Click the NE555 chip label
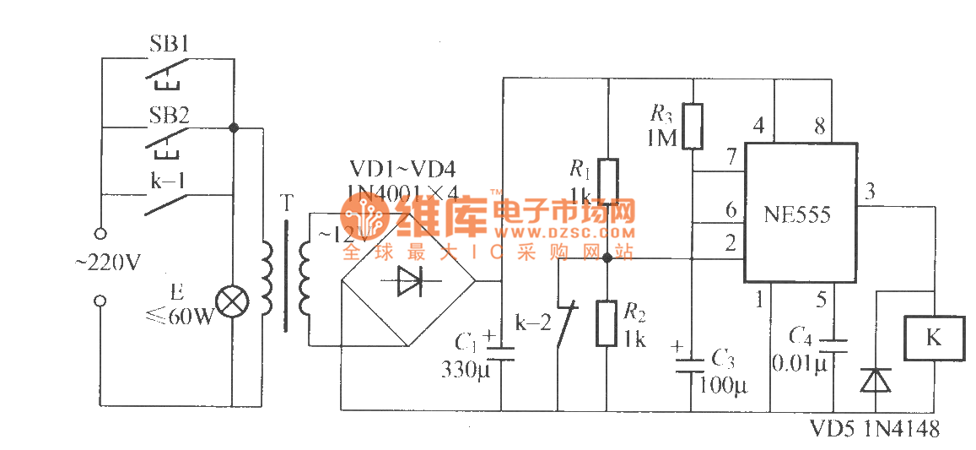796,215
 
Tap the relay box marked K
932,338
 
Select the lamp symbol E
230,301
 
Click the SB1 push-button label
169,45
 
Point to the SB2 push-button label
169,115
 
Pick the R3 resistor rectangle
692,126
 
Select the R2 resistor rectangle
607,323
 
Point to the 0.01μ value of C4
802,363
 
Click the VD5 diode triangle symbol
874,381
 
